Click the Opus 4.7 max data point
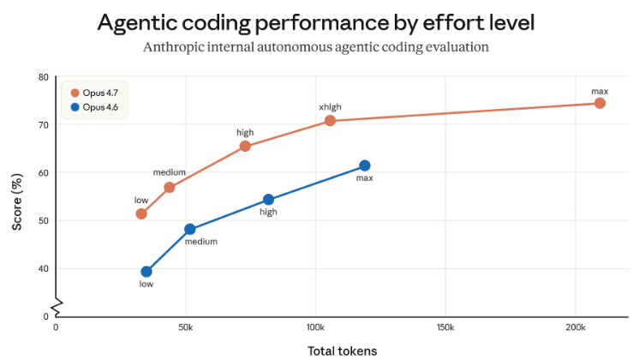click(x=600, y=103)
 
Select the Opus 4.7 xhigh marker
click(x=330, y=121)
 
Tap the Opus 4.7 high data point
click(x=245, y=146)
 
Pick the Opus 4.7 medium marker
click(x=170, y=187)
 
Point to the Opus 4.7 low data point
click(x=141, y=213)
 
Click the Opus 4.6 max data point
click(x=365, y=165)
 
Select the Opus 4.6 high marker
click(x=268, y=200)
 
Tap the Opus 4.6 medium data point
click(x=190, y=229)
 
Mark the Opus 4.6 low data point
click(x=146, y=272)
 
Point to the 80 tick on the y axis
click(x=42, y=77)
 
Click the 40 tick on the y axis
click(x=42, y=268)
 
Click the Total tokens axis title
click(x=342, y=350)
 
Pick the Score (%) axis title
click(x=16, y=196)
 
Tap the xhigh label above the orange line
click(x=330, y=107)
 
